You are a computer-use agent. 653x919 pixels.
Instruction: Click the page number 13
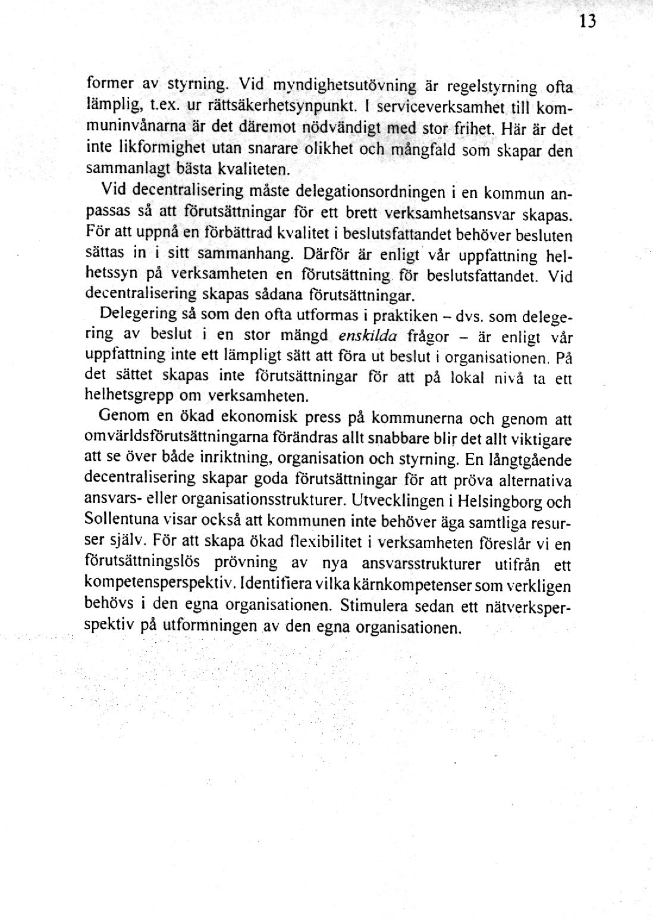[586, 21]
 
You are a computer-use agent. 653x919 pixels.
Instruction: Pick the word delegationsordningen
[370, 192]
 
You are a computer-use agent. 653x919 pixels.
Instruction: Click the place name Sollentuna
[123, 519]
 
